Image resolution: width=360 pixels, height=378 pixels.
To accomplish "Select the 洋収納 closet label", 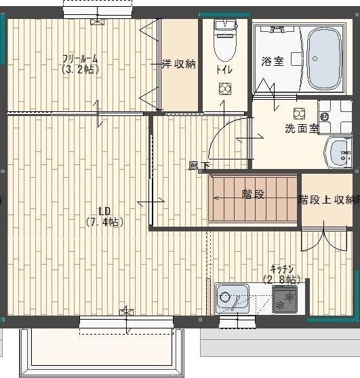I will tap(178, 64).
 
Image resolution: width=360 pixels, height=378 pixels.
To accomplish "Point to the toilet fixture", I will tap(224, 41).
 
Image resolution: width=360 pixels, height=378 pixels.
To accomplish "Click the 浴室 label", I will tap(273, 61).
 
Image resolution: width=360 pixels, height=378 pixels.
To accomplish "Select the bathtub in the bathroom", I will tap(323, 58).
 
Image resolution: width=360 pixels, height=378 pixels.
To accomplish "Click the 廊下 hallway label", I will tap(199, 166).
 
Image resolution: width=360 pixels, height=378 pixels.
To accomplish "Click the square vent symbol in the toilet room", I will tap(225, 88).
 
